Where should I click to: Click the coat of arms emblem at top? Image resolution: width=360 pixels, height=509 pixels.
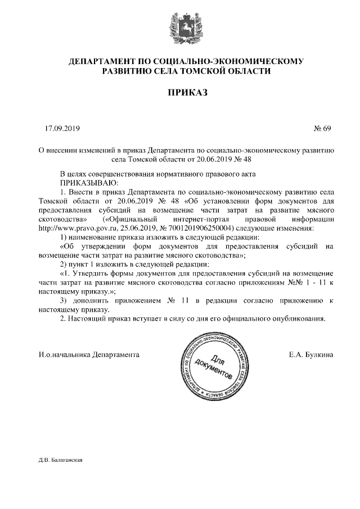[179, 29]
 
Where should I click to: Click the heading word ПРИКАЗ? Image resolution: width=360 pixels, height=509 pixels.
[179, 92]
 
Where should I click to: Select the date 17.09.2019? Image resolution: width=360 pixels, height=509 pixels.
[62, 129]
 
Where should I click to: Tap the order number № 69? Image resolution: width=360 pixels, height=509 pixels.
[323, 129]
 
